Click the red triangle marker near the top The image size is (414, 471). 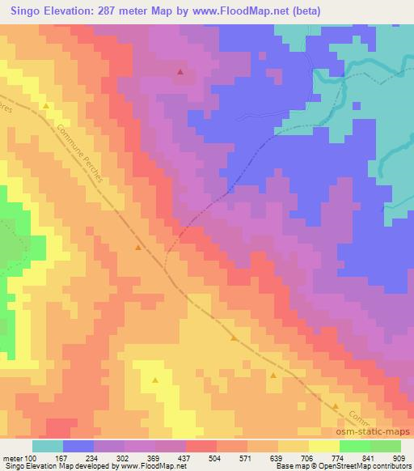click(x=180, y=72)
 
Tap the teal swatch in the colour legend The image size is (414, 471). click(x=48, y=446)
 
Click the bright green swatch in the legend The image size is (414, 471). click(x=354, y=446)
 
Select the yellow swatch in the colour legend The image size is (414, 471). click(x=323, y=446)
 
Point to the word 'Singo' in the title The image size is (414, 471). click(x=22, y=11)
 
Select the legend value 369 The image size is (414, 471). click(x=160, y=459)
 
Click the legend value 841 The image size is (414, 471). click(x=366, y=459)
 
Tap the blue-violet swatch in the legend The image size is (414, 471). click(x=78, y=446)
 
